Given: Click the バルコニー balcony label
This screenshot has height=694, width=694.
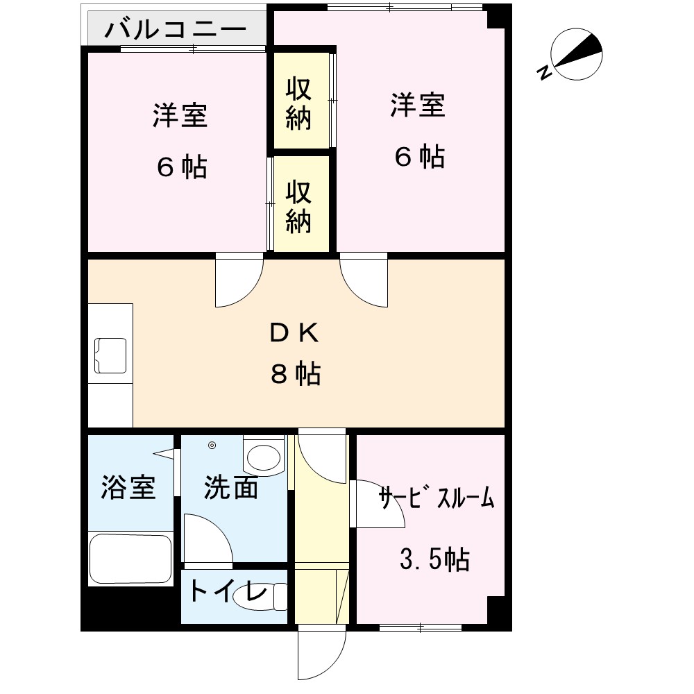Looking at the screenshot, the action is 176,29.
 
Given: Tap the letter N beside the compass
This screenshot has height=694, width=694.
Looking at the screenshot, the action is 544,72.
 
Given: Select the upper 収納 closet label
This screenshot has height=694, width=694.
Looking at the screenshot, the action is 298,104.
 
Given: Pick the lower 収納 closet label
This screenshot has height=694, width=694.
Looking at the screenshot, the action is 298,207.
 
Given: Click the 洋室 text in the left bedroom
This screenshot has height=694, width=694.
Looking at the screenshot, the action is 180,115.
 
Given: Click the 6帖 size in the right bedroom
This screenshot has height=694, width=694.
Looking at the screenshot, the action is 420,156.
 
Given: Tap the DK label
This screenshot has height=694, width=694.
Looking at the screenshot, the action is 294,333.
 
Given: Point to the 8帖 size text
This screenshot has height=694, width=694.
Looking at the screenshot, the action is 296,373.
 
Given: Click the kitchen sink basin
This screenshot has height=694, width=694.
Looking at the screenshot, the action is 110,355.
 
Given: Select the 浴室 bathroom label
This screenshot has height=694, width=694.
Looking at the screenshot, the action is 128,487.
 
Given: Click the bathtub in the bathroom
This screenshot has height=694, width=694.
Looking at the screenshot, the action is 130,559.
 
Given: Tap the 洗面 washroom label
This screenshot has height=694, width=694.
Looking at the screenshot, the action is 230,488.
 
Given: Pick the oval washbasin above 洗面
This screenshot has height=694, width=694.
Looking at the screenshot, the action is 264,457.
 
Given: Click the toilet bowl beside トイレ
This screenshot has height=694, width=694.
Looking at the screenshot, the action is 259,597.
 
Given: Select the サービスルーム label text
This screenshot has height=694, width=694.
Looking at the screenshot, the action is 437,497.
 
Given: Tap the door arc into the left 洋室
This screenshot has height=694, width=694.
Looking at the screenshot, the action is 239,280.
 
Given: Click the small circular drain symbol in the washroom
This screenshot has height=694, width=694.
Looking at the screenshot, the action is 212,446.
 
